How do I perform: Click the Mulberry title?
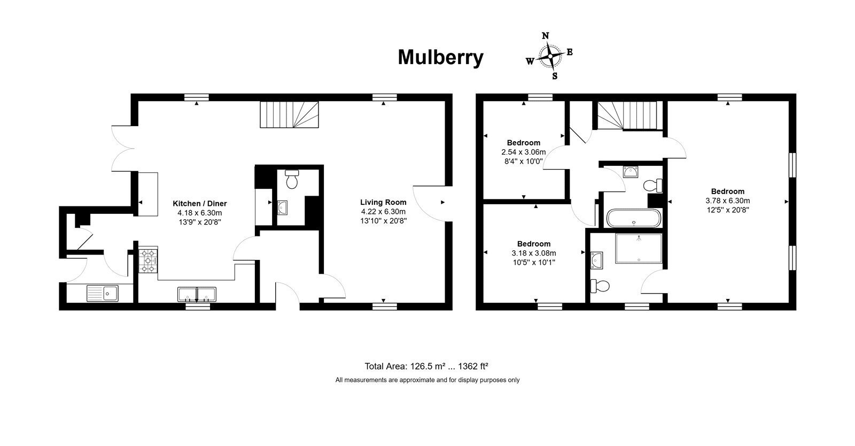pyautogui.click(x=440, y=58)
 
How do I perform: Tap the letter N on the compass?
pyautogui.click(x=546, y=36)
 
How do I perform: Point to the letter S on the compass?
pyautogui.click(x=555, y=76)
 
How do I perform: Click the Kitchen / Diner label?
pyautogui.click(x=200, y=204)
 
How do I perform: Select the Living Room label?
pyautogui.click(x=383, y=202)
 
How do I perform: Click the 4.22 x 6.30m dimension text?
pyautogui.click(x=383, y=212)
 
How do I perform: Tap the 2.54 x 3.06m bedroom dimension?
pyautogui.click(x=523, y=152)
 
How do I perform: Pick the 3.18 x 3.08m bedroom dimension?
pyautogui.click(x=534, y=253)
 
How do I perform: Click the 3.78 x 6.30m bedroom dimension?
pyautogui.click(x=727, y=201)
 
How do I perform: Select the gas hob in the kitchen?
pyautogui.click(x=148, y=261)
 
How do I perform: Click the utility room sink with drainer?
pyautogui.click(x=102, y=293)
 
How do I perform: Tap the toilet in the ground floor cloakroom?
pyautogui.click(x=292, y=179)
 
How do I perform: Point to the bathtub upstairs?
pyautogui.click(x=634, y=218)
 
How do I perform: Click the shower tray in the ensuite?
pyautogui.click(x=639, y=249)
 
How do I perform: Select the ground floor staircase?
pyautogui.click(x=289, y=114)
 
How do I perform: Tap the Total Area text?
pyautogui.click(x=426, y=366)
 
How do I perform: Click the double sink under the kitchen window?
pyautogui.click(x=197, y=295)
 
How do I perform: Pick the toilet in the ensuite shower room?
pyautogui.click(x=600, y=286)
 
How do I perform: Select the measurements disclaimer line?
pyautogui.click(x=428, y=380)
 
